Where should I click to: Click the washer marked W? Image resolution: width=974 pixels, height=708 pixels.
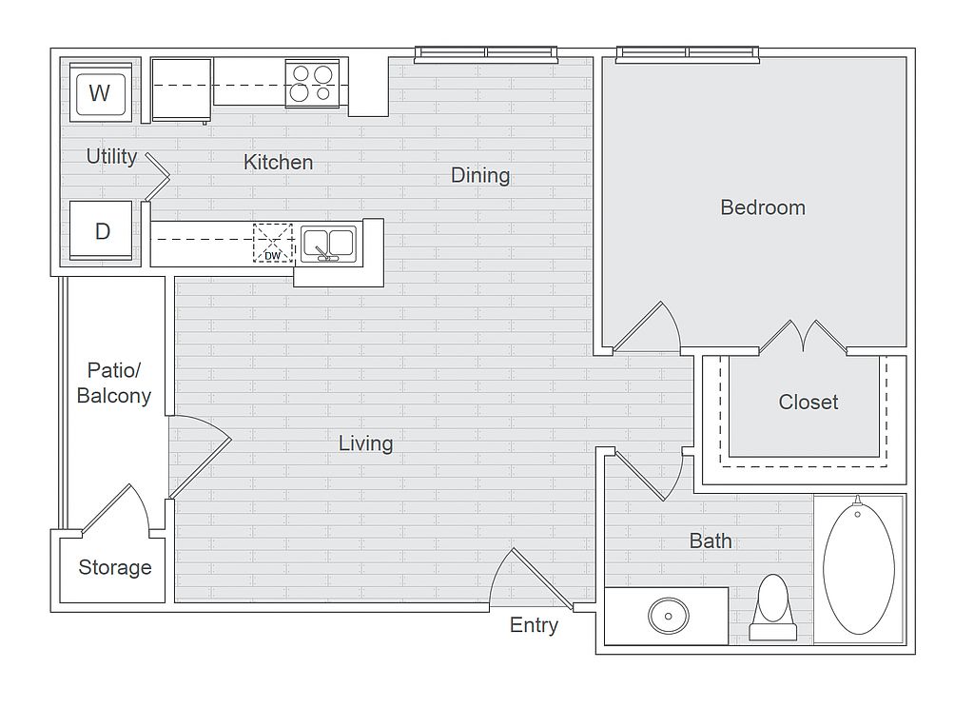coord(100,92)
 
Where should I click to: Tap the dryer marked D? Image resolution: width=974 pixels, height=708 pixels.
coord(101,230)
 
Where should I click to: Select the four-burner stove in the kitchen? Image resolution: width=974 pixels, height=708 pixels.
coord(312,84)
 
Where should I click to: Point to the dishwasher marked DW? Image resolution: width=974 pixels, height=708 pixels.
coord(273,243)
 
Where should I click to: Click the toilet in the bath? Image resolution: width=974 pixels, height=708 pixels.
coord(772,607)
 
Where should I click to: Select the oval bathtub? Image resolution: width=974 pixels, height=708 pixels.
coord(859,569)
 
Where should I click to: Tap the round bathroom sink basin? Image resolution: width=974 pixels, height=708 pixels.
coord(669,616)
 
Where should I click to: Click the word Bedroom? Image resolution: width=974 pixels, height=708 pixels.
coord(763,207)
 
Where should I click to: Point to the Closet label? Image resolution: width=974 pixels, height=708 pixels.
coord(808,403)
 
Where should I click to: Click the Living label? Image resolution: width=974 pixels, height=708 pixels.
coord(365,443)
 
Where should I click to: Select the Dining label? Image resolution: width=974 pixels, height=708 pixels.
coord(480,176)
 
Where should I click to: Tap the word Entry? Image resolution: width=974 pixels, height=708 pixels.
coord(534,625)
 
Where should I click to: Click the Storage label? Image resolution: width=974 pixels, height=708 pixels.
coord(115,567)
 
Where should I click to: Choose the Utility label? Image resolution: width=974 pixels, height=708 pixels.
coord(112,157)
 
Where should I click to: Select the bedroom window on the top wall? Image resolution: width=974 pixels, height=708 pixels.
coord(688,54)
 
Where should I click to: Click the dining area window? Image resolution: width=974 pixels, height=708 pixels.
coord(486,54)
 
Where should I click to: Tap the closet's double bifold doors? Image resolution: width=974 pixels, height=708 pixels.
coord(803,337)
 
